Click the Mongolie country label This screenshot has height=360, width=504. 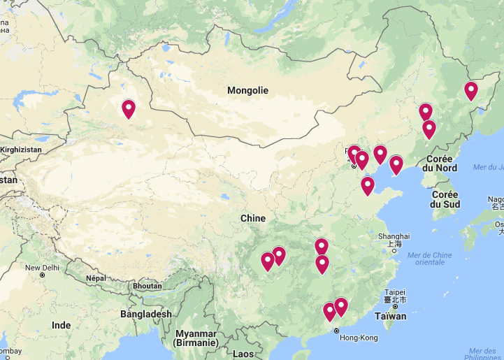247,91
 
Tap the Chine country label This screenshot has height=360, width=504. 252,218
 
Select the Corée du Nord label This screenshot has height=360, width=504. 440,164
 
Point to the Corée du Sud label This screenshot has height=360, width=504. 445,199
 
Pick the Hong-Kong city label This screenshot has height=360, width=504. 358,338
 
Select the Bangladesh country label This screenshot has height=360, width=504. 145,315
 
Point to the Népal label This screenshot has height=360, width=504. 95,278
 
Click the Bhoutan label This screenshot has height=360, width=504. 147,286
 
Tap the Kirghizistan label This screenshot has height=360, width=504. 21,150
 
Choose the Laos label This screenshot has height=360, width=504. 243,354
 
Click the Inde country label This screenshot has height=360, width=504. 61,325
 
